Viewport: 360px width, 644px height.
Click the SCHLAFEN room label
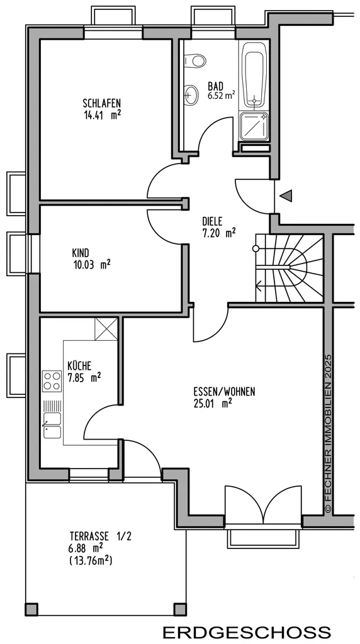102,103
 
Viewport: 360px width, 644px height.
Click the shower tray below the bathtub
254,126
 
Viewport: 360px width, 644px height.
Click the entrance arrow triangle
286,196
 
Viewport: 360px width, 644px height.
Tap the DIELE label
212,221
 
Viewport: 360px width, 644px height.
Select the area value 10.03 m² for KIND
92,264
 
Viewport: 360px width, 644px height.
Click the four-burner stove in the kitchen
52,380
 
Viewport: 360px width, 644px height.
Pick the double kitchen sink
52,425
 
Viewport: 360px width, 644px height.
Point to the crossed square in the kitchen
106,328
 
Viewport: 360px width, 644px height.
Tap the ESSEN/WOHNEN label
224,392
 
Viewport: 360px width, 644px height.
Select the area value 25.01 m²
213,403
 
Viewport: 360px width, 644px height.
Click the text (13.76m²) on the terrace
91,560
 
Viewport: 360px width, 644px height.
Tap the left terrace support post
31,609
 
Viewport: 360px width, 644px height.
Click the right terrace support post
179,609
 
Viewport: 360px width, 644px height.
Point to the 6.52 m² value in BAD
221,97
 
